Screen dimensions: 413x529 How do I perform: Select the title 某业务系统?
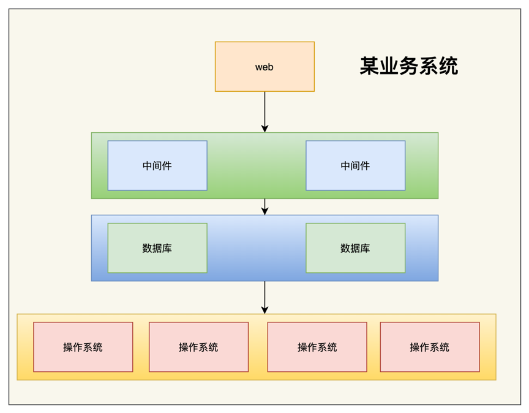[408, 66]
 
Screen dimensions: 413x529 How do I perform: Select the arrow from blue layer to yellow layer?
[264, 295]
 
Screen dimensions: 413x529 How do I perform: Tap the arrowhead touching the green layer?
[264, 128]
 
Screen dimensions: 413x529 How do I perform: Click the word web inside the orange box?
[264, 67]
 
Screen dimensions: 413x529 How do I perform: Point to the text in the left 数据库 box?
[157, 248]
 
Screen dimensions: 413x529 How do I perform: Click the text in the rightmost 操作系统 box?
[430, 348]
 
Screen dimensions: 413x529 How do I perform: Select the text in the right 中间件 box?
[355, 166]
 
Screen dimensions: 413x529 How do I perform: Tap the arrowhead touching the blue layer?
[264, 211]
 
